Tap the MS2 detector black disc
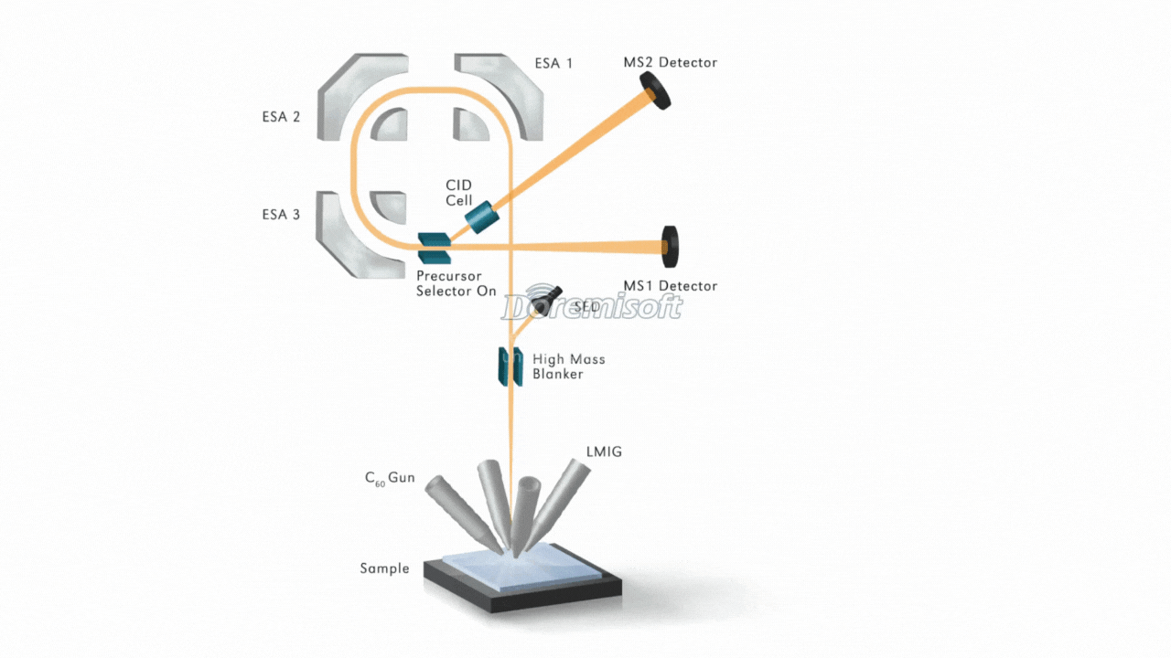[x=655, y=92]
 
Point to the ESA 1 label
[x=553, y=64]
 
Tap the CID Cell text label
[x=458, y=193]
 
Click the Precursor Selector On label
[x=457, y=283]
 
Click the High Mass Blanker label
[x=568, y=366]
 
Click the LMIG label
[x=604, y=451]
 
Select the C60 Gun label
[x=390, y=478]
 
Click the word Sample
[x=384, y=568]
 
